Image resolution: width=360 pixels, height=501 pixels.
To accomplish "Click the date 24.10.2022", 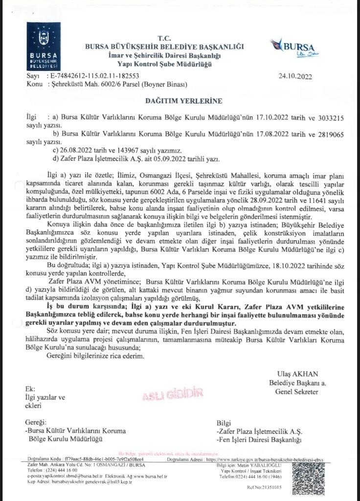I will (295, 76).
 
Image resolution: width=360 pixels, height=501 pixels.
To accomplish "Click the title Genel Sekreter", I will (297, 392).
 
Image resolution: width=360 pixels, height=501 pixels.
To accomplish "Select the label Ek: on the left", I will (30, 389).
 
